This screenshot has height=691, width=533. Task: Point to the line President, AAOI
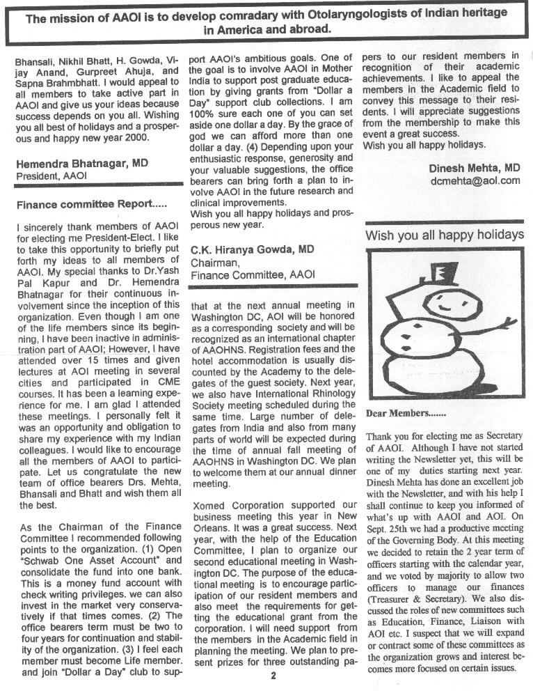(51, 177)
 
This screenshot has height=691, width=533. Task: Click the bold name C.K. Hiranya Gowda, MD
(251, 249)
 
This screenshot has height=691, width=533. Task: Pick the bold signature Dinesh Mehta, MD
(474, 168)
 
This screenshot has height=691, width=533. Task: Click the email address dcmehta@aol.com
(475, 180)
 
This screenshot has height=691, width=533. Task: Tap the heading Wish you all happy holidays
(445, 234)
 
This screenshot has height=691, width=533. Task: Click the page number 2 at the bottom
(273, 675)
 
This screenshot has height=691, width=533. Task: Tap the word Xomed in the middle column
(207, 504)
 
